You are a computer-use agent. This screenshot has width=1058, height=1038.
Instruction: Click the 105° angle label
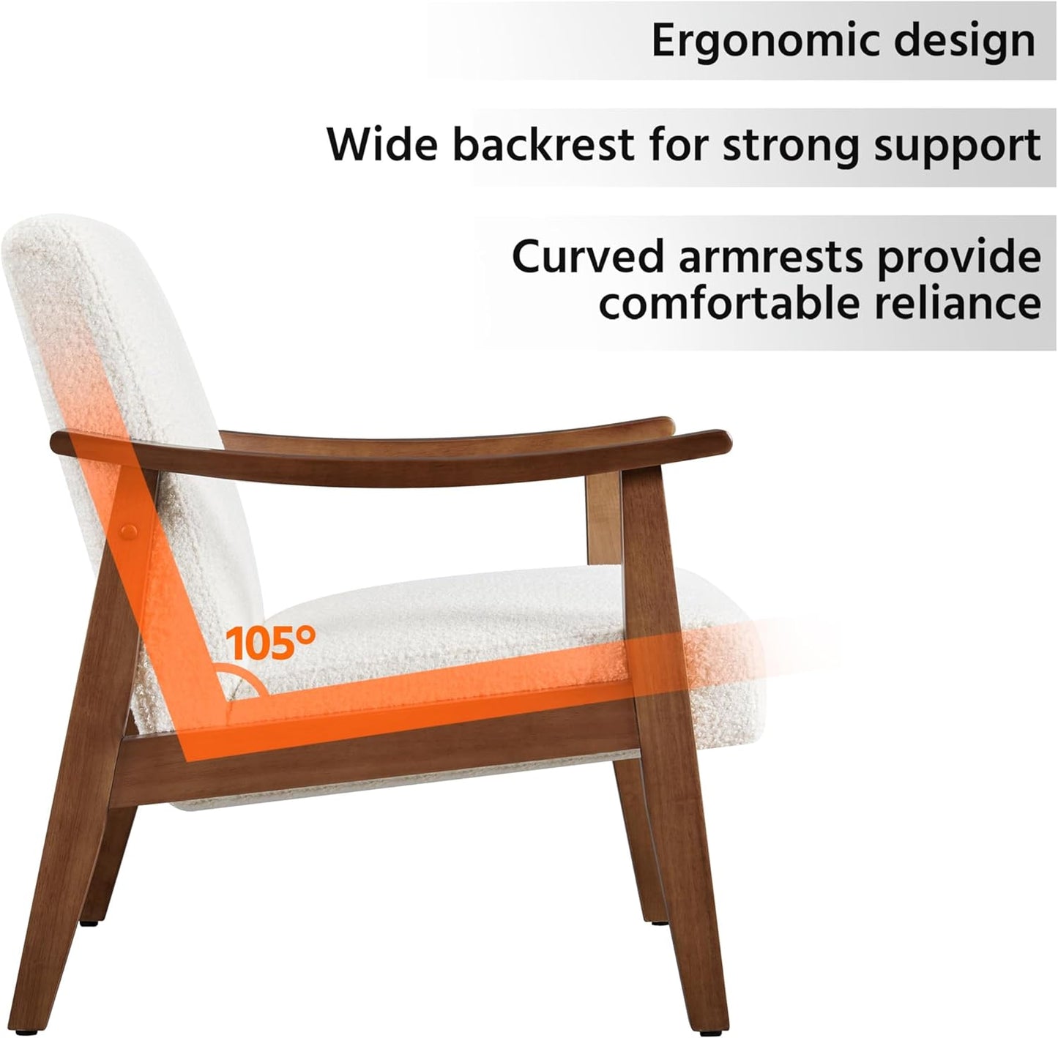tap(270, 643)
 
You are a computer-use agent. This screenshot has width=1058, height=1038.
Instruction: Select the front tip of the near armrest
tap(721, 441)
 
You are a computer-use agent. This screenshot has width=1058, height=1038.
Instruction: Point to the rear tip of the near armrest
tap(59, 443)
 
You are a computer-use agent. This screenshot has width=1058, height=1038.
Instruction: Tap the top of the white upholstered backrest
tap(51, 231)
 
